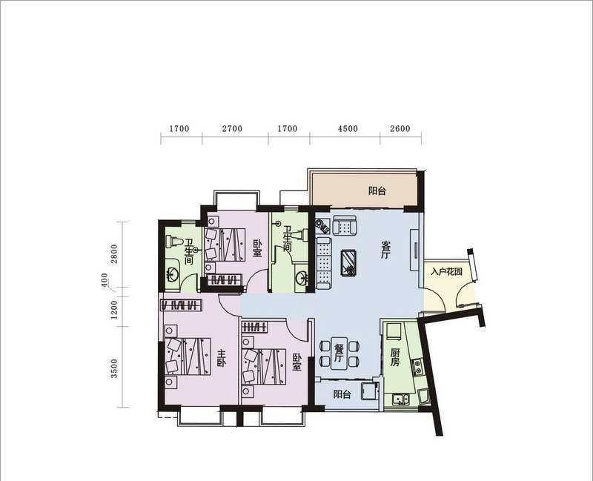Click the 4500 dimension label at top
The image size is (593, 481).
pyautogui.click(x=348, y=128)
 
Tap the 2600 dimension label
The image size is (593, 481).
pyautogui.click(x=400, y=128)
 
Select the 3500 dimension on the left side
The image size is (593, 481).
pyautogui.click(x=114, y=368)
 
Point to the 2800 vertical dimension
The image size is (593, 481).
pyautogui.click(x=114, y=253)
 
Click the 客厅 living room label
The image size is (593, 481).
pyautogui.click(x=385, y=250)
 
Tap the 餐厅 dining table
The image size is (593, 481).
pyautogui.click(x=339, y=353)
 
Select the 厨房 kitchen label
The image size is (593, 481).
pyautogui.click(x=395, y=357)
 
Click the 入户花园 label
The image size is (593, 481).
pyautogui.click(x=447, y=271)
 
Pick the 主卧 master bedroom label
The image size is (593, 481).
pyautogui.click(x=221, y=359)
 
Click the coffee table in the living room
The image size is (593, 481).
pyautogui.click(x=348, y=263)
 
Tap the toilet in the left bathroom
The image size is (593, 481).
pyautogui.click(x=174, y=242)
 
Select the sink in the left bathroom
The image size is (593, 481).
pyautogui.click(x=172, y=274)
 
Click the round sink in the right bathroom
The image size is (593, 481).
pyautogui.click(x=302, y=278)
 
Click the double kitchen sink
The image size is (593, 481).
pyautogui.click(x=400, y=399)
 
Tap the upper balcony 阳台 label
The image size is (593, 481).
pyautogui.click(x=377, y=191)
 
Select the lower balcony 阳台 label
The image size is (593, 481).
pyautogui.click(x=342, y=394)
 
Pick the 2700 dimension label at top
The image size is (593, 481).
pyautogui.click(x=232, y=128)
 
